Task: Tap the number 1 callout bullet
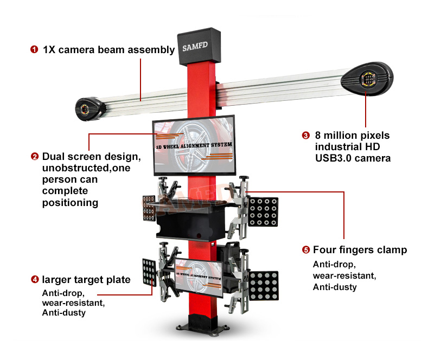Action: click(34, 50)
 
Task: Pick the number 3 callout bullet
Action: click(305, 136)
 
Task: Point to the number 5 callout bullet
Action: click(305, 250)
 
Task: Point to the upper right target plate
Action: click(264, 211)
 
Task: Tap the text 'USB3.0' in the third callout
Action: click(333, 158)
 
